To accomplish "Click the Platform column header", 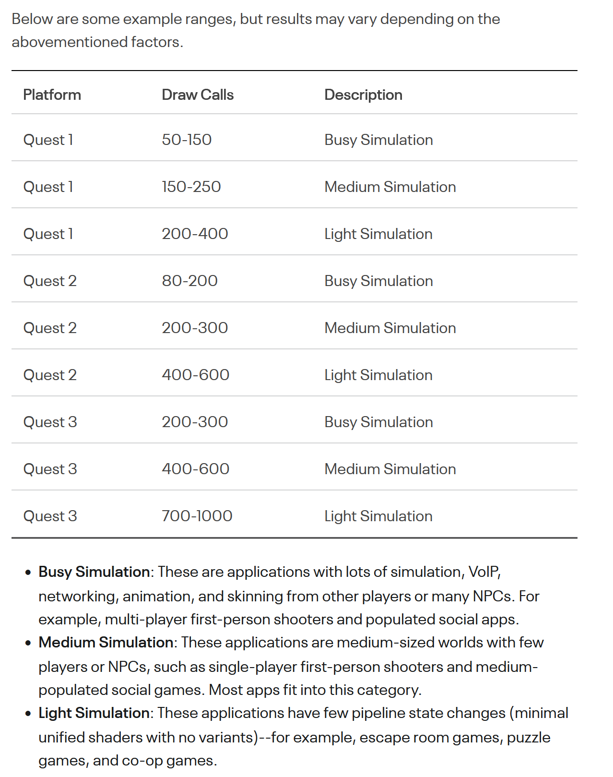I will point(52,95).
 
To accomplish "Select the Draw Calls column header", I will point(197,95).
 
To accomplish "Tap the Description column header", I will point(363,95).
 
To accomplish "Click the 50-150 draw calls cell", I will point(187,140).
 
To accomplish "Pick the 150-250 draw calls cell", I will point(191,187).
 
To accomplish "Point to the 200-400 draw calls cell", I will point(195,234).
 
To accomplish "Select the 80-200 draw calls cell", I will point(189,281).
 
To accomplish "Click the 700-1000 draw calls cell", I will point(197,516).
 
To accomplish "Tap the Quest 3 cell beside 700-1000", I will point(50,516).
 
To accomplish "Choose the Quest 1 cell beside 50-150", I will point(48,140).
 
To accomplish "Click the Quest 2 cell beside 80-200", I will point(50,281).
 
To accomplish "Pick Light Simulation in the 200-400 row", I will point(378,234).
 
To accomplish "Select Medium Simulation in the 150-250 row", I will point(390,187).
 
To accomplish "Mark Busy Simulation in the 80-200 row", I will point(378,281).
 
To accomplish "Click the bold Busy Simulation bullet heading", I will point(94,572).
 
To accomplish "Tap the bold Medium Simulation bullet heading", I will point(106,642).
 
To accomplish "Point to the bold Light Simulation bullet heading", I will point(94,713).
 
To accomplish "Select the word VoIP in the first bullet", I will point(484,572).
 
